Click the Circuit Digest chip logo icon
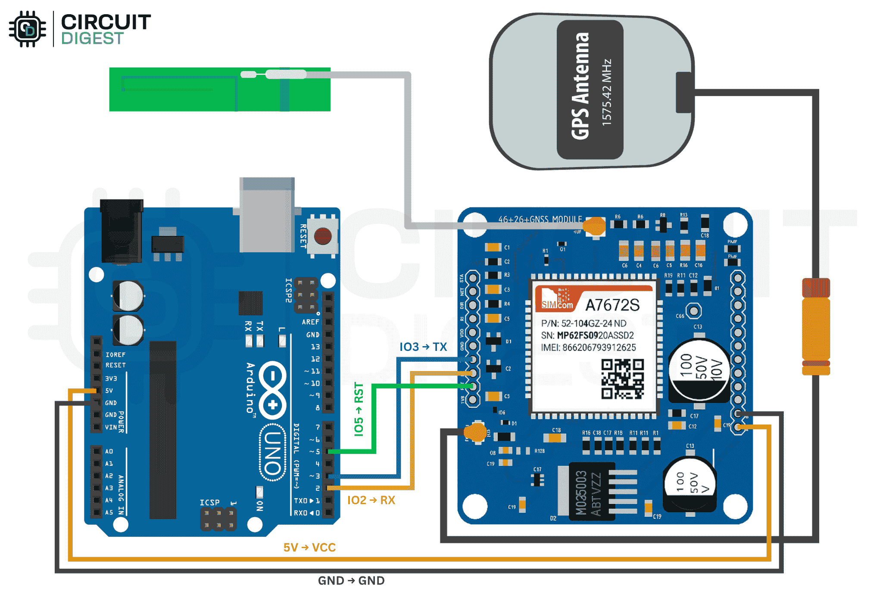point(28,29)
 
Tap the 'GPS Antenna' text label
point(580,86)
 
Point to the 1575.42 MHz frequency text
point(607,92)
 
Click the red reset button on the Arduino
point(323,236)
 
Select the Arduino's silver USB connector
point(267,215)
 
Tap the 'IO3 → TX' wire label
point(423,347)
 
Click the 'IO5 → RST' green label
point(359,409)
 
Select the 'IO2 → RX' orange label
point(371,500)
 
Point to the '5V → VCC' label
point(309,548)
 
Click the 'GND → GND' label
point(351,581)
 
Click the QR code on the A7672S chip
point(622,379)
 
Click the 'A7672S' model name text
point(612,305)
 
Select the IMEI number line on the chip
point(588,347)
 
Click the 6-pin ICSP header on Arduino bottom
point(218,519)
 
